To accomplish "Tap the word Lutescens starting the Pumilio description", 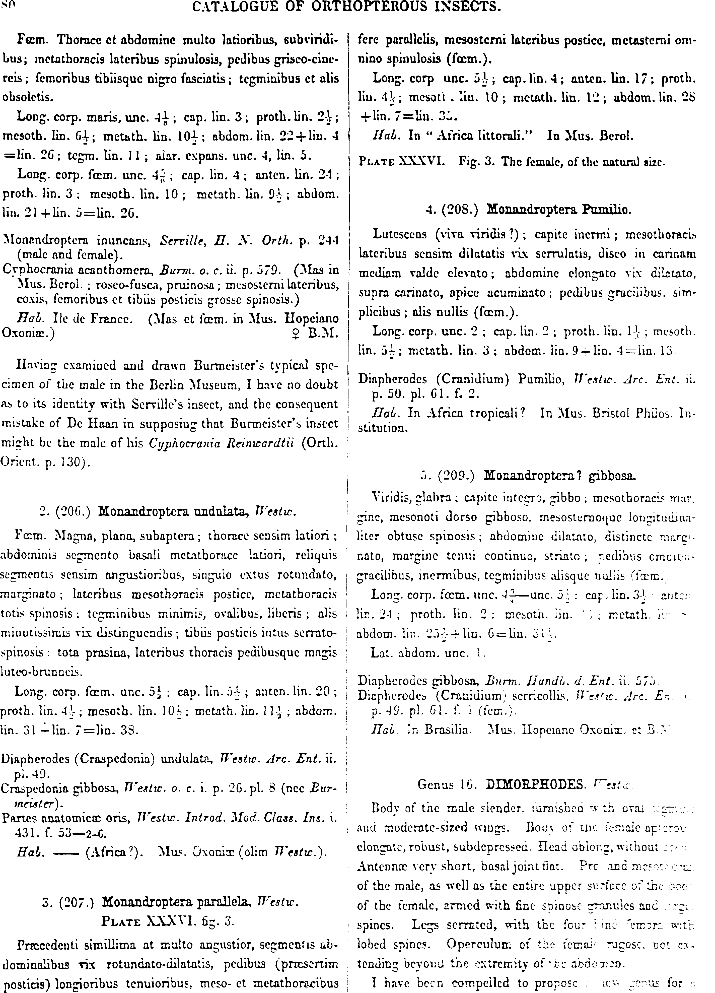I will pos(399,234).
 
